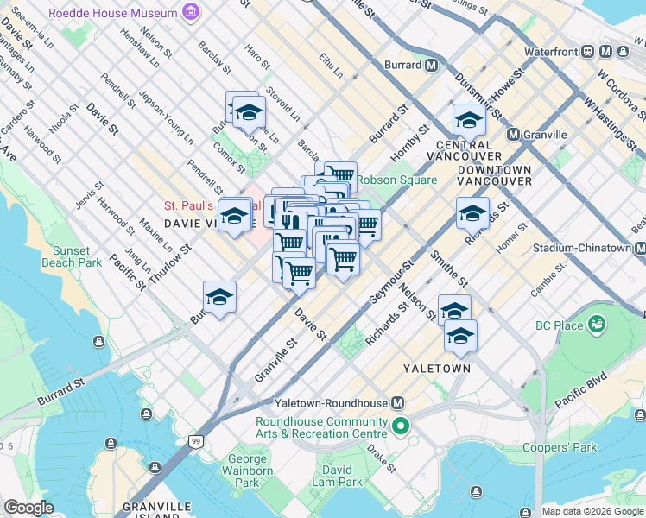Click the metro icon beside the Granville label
[513, 135]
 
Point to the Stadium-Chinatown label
[580, 248]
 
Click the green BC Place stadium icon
[596, 325]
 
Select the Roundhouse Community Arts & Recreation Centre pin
[400, 426]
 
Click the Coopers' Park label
[573, 448]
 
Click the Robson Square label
[396, 180]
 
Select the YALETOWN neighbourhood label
[437, 369]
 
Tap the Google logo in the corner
[29, 508]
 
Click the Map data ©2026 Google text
[592, 511]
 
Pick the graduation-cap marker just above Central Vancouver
[469, 119]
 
